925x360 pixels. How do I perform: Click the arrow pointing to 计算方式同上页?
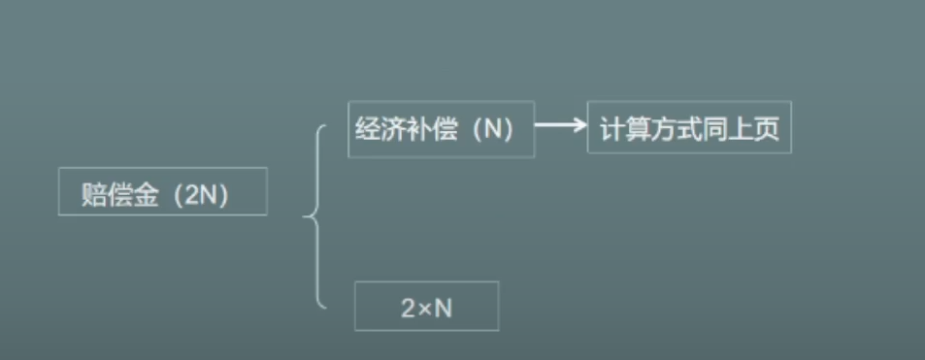pyautogui.click(x=560, y=124)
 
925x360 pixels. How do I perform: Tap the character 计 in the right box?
pyautogui.click(x=612, y=129)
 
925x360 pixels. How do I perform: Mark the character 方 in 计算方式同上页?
pyautogui.click(x=664, y=129)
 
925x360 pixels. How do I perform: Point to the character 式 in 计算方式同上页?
pyautogui.click(x=690, y=129)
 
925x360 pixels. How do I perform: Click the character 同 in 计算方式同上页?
pyautogui.click(x=716, y=129)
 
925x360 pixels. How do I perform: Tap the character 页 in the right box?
pyautogui.click(x=768, y=129)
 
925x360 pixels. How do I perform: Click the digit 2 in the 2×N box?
pyautogui.click(x=409, y=309)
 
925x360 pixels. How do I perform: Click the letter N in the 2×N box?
pyautogui.click(x=444, y=309)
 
